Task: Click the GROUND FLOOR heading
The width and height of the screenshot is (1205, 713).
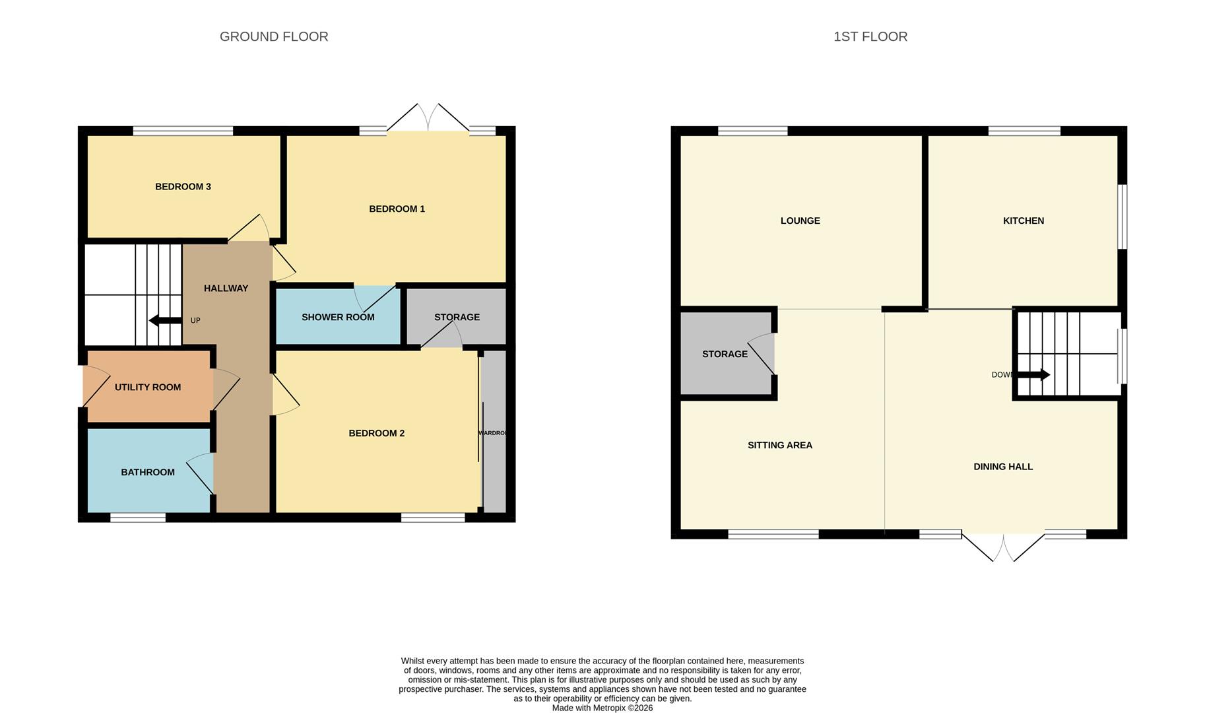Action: (x=274, y=37)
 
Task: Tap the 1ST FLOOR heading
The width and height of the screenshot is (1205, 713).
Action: (x=870, y=37)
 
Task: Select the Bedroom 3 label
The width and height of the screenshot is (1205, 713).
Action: (x=183, y=187)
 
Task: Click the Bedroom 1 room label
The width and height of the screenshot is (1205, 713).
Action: (x=397, y=209)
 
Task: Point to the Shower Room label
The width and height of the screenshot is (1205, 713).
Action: (x=338, y=318)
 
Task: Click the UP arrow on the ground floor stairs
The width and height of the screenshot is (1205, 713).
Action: (x=165, y=321)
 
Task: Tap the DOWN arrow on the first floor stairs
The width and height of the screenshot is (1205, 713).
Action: (x=1033, y=375)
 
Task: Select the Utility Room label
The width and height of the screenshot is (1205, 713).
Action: (x=148, y=388)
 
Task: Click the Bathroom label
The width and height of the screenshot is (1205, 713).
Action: (x=148, y=473)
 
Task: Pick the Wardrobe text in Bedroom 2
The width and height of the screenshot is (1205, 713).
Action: (x=492, y=433)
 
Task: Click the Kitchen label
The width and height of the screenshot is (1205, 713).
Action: (x=1023, y=221)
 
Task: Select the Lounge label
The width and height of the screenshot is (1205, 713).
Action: (x=800, y=221)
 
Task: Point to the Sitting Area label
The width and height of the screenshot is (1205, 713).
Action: (x=779, y=446)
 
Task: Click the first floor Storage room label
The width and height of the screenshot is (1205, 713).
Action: (x=725, y=355)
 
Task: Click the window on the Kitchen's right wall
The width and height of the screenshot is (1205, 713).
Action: (x=1122, y=217)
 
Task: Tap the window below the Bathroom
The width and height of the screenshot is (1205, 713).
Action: (x=137, y=518)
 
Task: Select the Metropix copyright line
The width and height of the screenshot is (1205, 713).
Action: (x=602, y=708)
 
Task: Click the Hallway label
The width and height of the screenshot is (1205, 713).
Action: (x=226, y=289)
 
